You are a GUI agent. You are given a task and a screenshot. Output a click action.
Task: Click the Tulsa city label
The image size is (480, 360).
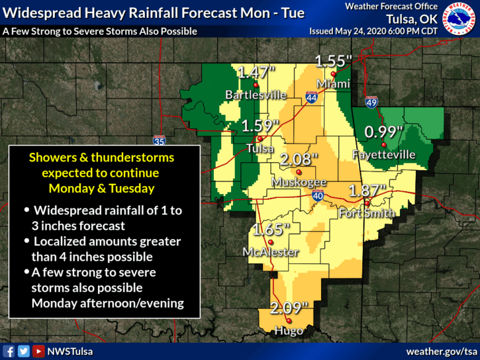point(260,149)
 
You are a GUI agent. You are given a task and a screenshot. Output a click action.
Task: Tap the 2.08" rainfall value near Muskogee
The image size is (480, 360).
point(299,159)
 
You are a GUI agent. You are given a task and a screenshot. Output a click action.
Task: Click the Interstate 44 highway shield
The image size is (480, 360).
point(312,97)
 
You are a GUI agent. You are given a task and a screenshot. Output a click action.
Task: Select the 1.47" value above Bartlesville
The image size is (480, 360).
point(256,72)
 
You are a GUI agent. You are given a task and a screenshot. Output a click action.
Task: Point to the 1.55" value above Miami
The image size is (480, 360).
point(332,61)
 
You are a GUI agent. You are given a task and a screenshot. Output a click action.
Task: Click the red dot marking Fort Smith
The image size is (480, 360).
point(367,203)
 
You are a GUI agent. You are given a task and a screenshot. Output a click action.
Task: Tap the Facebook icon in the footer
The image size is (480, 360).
point(9,351)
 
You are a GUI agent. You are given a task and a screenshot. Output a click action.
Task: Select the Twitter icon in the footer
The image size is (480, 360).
point(24,351)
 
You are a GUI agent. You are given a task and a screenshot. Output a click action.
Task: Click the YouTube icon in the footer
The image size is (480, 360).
point(38,351)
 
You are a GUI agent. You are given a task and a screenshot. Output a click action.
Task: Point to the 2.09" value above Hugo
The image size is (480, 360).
point(290,308)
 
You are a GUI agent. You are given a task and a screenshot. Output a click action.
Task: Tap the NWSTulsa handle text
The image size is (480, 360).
point(70,351)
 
